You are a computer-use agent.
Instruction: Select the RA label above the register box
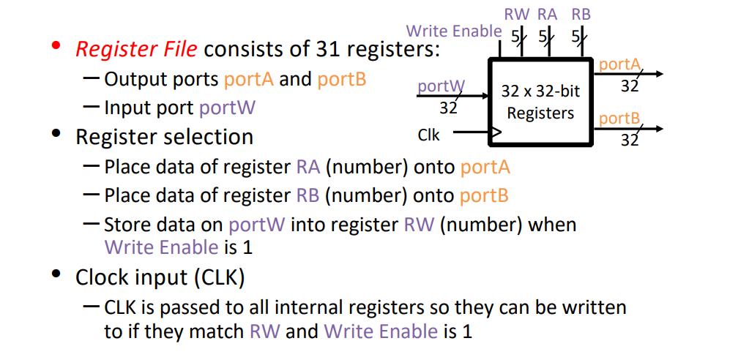pos(547,14)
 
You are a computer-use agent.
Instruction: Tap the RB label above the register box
pos(581,14)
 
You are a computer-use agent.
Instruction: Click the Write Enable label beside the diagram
pos(454,31)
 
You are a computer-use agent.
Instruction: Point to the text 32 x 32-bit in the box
pos(540,91)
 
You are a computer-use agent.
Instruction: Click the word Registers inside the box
pos(540,113)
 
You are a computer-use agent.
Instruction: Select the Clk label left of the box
pos(428,135)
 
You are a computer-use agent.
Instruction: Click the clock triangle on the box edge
pos(496,133)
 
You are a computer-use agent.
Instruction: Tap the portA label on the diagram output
pos(619,64)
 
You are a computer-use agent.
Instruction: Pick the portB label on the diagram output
pos(619,119)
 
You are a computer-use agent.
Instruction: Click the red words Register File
pos(136,49)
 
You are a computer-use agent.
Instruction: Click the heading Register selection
pos(164,137)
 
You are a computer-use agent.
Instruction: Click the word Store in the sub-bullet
pos(126,224)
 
